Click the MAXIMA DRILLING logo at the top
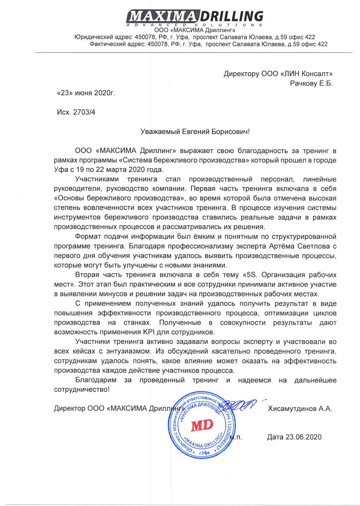pos(195,16)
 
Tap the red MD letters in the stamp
pos(202,425)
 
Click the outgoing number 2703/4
pos(84,112)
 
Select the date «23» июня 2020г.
pos(86,93)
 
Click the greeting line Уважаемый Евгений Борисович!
pos(195,132)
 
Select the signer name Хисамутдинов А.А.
pos(300,408)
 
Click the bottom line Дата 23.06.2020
pos(294,437)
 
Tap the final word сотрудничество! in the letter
pos(82,390)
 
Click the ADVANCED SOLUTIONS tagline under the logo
pos(195,25)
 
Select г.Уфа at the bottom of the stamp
pos(204,453)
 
